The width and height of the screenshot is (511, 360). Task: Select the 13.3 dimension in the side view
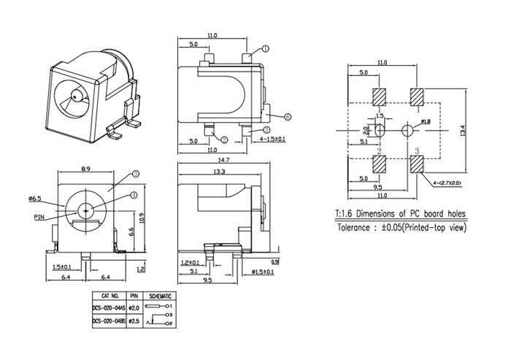point(218,172)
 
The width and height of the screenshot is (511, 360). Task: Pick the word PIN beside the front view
point(39,217)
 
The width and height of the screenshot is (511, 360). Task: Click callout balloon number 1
point(266,48)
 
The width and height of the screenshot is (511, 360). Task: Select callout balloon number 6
point(288,116)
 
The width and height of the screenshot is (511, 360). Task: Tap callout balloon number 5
point(136,175)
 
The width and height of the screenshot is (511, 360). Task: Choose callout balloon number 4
point(134,194)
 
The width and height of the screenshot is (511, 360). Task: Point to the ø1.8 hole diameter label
point(426,121)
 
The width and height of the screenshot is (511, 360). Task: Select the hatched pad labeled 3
point(418,163)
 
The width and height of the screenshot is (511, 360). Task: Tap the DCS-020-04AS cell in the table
point(109,308)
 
